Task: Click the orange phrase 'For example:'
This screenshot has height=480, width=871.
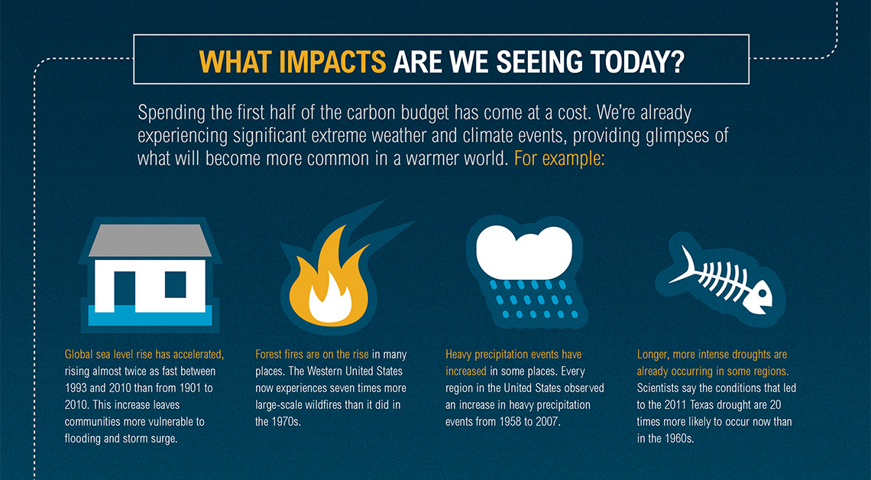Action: click(559, 159)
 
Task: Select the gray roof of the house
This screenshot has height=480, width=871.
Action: click(150, 240)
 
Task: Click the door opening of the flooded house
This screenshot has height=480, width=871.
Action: click(125, 288)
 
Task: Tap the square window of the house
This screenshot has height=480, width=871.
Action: click(176, 284)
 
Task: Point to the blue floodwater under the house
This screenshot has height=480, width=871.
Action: click(150, 315)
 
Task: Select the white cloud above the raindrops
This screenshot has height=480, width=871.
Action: click(524, 253)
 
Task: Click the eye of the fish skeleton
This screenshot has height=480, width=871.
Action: click(763, 292)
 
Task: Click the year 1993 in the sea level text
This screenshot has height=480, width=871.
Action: click(76, 388)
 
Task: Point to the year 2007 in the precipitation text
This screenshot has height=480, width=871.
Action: click(548, 422)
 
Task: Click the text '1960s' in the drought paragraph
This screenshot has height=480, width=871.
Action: click(681, 439)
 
